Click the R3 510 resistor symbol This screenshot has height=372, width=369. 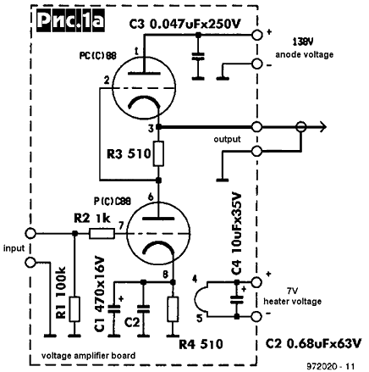point(158,153)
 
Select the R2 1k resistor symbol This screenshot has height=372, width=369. point(102,234)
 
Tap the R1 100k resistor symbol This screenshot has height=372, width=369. point(74,309)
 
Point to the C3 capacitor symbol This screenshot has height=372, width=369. point(198,56)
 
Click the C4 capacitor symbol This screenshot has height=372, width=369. point(237,299)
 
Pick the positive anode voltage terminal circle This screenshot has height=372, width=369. point(256,35)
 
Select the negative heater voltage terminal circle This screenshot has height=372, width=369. point(256,317)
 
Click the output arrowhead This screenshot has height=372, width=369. point(322,127)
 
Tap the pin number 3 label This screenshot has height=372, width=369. point(151,129)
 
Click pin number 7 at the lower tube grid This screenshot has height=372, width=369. point(121,225)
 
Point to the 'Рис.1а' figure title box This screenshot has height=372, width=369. point(70,21)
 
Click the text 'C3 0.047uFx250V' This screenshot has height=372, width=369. point(185,24)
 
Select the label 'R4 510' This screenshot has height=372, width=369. point(201,344)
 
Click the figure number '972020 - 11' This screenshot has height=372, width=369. point(330,366)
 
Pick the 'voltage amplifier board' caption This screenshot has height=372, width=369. point(88,356)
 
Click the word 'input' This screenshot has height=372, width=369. point(14,248)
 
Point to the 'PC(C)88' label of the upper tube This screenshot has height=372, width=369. point(97,56)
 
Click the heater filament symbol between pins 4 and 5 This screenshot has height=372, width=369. point(201,299)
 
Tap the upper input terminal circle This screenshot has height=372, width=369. point(30,234)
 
